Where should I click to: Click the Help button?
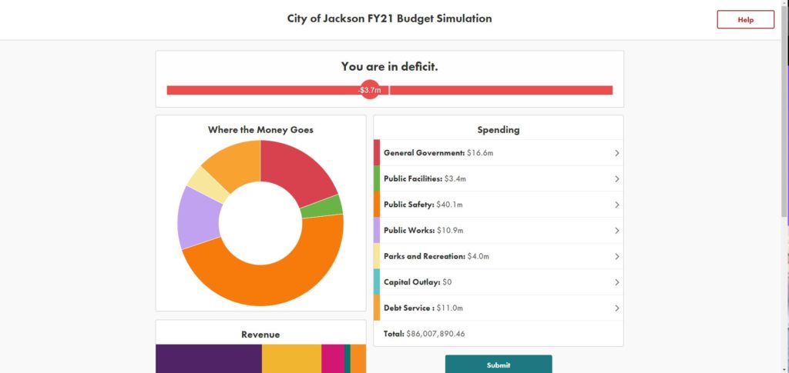click(745, 20)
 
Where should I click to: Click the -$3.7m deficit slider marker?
click(370, 90)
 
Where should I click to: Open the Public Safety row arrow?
click(616, 205)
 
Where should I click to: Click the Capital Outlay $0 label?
click(418, 282)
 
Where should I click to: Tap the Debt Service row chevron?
click(616, 308)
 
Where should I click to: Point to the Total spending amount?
click(425, 334)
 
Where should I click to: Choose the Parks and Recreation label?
click(436, 256)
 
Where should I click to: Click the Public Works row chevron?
click(616, 231)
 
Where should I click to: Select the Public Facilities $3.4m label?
click(425, 178)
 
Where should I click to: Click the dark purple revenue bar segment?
click(208, 358)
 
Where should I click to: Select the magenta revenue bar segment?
click(332, 358)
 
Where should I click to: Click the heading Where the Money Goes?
click(260, 130)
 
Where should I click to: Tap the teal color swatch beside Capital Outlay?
click(377, 282)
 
